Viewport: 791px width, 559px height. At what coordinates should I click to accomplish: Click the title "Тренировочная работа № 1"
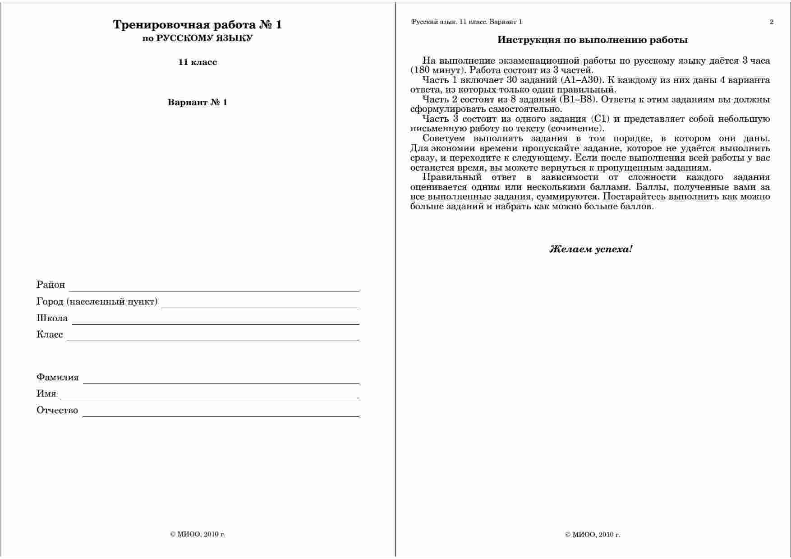(197, 25)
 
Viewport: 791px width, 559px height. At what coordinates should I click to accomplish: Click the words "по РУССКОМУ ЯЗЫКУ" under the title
(197, 38)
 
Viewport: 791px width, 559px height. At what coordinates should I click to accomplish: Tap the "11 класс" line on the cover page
(197, 62)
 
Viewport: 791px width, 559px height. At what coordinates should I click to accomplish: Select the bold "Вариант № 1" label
(197, 102)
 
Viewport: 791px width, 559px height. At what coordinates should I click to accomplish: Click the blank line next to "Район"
(214, 289)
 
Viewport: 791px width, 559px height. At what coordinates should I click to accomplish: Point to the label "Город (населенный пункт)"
(97, 301)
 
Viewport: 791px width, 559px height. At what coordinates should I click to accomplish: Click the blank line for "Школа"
(216, 322)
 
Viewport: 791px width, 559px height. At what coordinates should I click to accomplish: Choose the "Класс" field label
(50, 335)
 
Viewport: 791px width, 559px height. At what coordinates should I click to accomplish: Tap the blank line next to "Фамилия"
(221, 381)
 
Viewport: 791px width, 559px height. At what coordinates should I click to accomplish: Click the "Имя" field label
(46, 393)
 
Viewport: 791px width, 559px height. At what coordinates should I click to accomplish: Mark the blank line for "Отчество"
(221, 414)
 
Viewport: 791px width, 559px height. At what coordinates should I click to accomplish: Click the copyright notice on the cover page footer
(197, 534)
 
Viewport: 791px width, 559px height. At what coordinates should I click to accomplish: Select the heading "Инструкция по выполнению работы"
(592, 40)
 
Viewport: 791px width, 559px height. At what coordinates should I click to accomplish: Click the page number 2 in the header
(771, 22)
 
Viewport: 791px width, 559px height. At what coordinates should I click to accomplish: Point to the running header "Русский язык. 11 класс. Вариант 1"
(467, 22)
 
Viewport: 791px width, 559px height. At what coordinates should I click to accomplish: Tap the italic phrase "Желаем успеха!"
(591, 249)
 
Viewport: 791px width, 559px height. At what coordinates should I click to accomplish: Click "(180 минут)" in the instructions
(437, 70)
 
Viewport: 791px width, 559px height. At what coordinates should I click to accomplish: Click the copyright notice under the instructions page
(592, 535)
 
